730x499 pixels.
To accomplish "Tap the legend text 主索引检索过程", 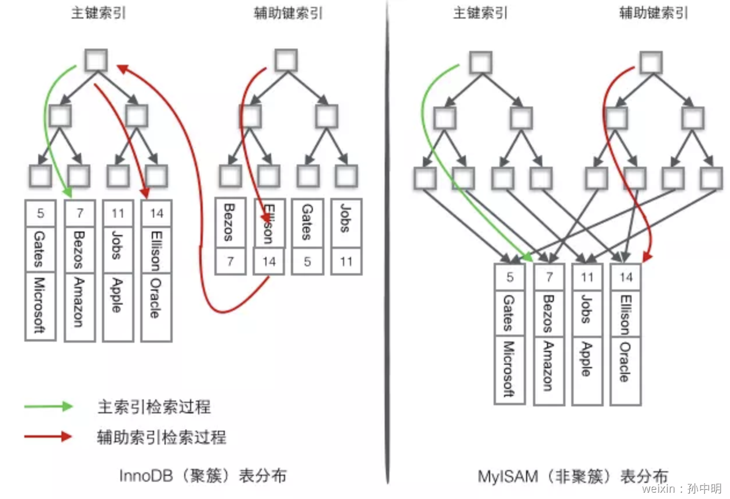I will click(x=154, y=407).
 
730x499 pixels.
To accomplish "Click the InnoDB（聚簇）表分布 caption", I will click(x=203, y=476).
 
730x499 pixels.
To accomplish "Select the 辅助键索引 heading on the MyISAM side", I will click(x=653, y=13).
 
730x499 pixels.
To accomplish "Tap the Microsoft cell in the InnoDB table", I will click(x=40, y=305).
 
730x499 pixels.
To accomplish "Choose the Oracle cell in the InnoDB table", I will click(x=156, y=306).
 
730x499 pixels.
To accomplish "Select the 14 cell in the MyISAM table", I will click(x=626, y=277).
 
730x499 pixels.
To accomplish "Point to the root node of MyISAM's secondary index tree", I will click(x=651, y=63).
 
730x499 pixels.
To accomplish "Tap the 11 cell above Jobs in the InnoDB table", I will click(x=118, y=213).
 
